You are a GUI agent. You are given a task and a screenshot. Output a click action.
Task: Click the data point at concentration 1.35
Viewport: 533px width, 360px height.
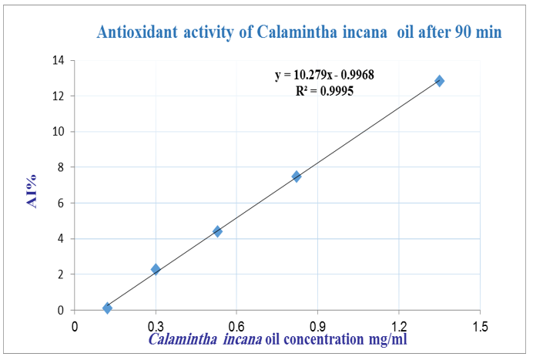(x=439, y=81)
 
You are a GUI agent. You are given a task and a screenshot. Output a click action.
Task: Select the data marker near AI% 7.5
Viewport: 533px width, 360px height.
(x=297, y=177)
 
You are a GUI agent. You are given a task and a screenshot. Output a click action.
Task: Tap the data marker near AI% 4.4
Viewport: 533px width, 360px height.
(x=217, y=231)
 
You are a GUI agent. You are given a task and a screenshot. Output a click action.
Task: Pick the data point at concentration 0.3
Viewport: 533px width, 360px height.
(x=156, y=269)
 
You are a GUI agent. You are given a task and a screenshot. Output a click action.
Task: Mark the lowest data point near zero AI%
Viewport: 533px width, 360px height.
(x=107, y=308)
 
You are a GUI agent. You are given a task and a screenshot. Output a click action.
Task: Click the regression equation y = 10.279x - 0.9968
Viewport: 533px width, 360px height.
(x=324, y=76)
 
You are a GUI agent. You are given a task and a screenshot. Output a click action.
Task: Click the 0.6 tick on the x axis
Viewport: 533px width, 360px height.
(x=236, y=325)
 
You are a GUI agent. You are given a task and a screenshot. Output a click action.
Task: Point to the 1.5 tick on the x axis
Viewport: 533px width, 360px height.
(x=481, y=325)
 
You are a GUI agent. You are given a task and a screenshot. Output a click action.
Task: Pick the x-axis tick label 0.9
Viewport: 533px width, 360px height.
(x=318, y=325)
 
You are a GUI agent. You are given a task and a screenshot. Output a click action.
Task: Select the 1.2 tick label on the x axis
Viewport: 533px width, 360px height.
(x=399, y=325)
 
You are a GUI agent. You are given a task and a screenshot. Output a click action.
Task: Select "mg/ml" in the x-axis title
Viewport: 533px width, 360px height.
(x=385, y=340)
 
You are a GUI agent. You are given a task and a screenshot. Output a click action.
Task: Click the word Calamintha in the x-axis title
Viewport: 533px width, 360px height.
(x=183, y=340)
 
